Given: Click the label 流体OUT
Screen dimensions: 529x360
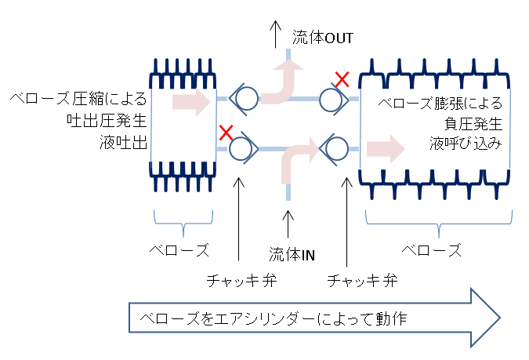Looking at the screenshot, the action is (323, 38).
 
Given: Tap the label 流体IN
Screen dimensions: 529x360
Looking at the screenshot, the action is (292, 254).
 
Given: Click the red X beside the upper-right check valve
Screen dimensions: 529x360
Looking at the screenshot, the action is (342, 79).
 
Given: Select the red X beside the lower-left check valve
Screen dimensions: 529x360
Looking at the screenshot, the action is (226, 133).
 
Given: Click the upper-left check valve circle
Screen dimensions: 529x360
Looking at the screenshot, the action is (247, 99).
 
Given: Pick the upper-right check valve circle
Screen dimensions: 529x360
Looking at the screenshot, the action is (331, 100).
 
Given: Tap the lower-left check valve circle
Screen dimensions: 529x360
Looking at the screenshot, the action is (241, 148).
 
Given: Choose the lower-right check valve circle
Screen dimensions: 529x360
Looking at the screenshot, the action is (337, 148).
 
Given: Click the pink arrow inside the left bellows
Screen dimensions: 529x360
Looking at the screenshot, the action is (192, 101).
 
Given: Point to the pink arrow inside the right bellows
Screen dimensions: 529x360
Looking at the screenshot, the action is (386, 149).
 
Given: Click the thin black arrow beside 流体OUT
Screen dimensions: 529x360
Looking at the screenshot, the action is (276, 34).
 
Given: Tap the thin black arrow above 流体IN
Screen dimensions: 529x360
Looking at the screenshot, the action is (288, 224).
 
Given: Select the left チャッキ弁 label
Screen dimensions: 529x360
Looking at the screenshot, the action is (241, 281).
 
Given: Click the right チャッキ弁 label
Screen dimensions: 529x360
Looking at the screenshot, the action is (362, 281).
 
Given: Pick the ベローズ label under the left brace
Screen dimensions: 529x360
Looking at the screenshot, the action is (179, 250).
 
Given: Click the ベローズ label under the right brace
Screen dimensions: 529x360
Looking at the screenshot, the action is (432, 250).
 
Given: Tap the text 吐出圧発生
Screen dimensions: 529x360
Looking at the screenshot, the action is (107, 121).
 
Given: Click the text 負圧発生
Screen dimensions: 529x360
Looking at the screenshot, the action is (473, 124).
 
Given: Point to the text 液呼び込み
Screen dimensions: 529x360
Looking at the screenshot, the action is (466, 144).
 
